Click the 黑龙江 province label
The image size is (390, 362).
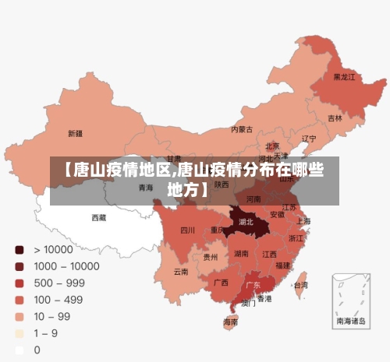(x=344, y=77)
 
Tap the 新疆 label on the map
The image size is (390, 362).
(x=75, y=132)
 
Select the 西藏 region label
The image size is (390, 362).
(x=99, y=217)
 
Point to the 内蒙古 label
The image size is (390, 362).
(x=242, y=129)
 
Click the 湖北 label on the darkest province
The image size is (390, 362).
(x=246, y=222)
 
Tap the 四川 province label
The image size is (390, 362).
(x=187, y=230)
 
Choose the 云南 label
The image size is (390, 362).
(x=181, y=272)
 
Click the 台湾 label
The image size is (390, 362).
(x=300, y=285)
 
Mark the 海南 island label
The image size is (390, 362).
(x=231, y=321)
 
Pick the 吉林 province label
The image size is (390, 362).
(x=335, y=118)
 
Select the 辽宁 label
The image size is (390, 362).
(x=309, y=139)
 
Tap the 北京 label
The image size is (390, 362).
(x=272, y=146)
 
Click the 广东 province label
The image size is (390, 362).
(x=253, y=285)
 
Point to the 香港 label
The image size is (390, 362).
(x=265, y=298)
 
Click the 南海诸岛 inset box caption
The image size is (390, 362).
(x=351, y=320)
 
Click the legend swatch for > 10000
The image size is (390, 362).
(x=19, y=250)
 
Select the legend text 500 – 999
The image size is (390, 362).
(x=59, y=283)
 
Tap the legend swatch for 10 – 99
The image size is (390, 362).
(x=19, y=317)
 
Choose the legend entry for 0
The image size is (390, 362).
(x=37, y=350)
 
